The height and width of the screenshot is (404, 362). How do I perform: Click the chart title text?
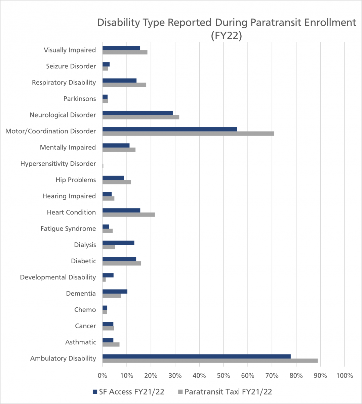click(226, 29)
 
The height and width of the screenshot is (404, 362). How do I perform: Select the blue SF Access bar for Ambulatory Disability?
click(196, 356)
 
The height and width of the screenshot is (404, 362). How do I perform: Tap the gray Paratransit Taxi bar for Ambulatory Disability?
click(210, 361)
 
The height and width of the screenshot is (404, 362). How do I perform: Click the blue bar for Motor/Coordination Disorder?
click(169, 129)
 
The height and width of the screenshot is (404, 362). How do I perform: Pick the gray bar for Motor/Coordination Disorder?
click(188, 134)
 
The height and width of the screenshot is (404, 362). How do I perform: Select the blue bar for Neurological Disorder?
click(137, 113)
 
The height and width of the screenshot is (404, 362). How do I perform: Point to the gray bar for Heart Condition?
click(128, 214)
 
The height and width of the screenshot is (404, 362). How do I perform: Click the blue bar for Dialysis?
click(118, 243)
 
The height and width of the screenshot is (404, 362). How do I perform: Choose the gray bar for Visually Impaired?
click(125, 52)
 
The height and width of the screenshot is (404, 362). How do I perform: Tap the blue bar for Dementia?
click(115, 291)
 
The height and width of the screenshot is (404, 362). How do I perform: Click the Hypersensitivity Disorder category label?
click(58, 164)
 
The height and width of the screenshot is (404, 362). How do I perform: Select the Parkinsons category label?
click(80, 99)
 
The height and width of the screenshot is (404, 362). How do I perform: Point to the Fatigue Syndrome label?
click(68, 229)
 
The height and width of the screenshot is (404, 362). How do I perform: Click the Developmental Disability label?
click(58, 277)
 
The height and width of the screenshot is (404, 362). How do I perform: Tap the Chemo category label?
click(85, 310)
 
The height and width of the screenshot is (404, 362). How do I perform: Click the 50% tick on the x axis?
click(224, 376)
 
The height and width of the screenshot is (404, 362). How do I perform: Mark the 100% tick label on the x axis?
click(344, 376)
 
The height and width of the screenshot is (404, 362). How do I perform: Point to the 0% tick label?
click(103, 376)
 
